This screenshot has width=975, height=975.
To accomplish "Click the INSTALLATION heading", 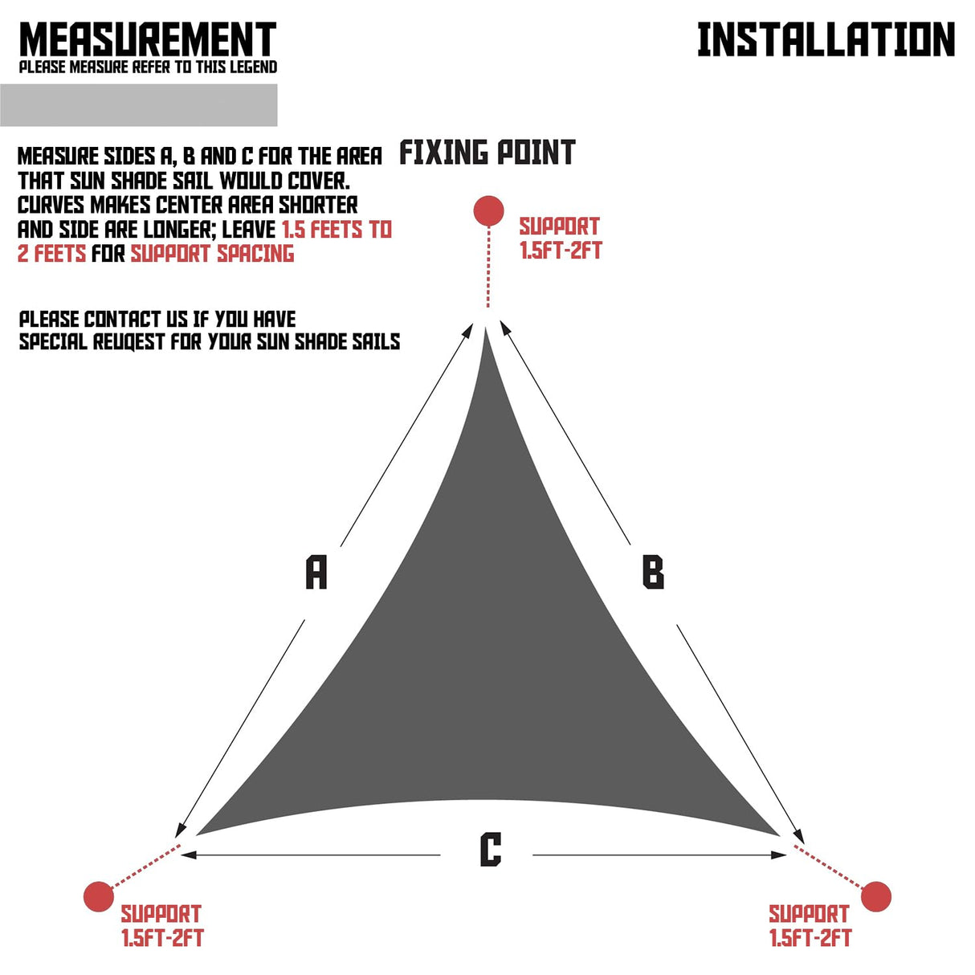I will [826, 39].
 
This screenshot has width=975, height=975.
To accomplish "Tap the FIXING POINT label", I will [487, 153].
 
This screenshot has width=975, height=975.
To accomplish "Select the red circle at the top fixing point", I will [488, 211].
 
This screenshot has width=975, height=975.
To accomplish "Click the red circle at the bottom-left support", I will [99, 896].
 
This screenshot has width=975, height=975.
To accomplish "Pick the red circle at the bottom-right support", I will [875, 896].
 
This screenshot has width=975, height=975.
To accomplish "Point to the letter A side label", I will [316, 572].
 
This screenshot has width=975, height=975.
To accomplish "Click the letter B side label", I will [653, 573].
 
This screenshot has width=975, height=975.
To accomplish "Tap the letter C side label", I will [490, 850].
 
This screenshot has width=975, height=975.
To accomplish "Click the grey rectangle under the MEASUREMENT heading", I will [138, 105].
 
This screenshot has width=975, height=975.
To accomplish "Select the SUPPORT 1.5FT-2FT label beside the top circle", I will [560, 238].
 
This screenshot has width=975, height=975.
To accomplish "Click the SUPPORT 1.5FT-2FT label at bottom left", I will [161, 925].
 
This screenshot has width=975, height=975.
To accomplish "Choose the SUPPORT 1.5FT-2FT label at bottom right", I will [810, 925].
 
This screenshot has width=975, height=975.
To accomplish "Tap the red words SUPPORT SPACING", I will [212, 254].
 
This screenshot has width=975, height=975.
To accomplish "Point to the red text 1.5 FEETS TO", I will [337, 230].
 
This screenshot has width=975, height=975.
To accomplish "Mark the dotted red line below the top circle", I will [488, 267].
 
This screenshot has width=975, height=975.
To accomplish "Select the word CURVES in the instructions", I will [51, 206].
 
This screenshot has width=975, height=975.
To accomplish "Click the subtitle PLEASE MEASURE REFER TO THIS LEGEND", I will [148, 67].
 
